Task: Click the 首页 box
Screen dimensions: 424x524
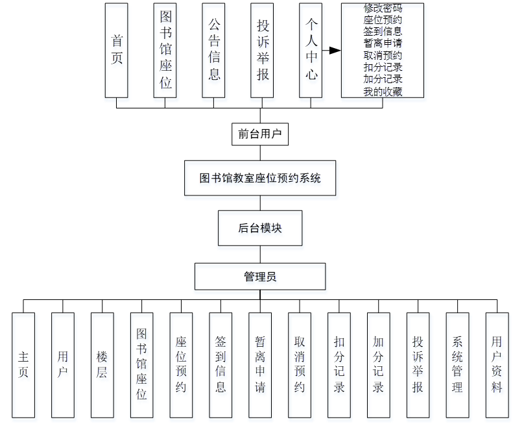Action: (x=117, y=50)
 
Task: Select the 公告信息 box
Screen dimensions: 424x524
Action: (x=214, y=50)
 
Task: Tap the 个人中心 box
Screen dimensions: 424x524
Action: (x=311, y=50)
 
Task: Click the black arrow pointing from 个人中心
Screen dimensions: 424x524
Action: (x=333, y=51)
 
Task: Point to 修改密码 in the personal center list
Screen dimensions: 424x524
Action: (x=383, y=9)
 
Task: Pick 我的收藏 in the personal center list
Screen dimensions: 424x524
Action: (x=383, y=92)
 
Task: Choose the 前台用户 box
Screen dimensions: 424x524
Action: (x=259, y=134)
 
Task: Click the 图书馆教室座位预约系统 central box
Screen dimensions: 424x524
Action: (x=260, y=177)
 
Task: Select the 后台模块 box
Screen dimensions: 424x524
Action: (x=260, y=228)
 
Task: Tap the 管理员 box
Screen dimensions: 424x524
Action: (x=260, y=276)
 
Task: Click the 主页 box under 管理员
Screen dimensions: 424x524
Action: (x=23, y=364)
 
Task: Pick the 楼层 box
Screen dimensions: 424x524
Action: (x=102, y=364)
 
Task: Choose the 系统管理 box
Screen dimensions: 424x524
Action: (x=457, y=364)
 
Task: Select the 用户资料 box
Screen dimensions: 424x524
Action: (x=497, y=364)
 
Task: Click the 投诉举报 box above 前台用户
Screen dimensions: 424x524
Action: (x=263, y=50)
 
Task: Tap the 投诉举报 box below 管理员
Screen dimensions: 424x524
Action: (x=418, y=364)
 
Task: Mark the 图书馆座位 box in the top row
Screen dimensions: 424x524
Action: (x=165, y=50)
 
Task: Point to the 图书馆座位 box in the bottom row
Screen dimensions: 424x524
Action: (x=141, y=364)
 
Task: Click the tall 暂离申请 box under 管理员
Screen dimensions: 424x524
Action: (x=260, y=364)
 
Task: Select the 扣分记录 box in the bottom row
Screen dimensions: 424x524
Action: (x=339, y=364)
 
